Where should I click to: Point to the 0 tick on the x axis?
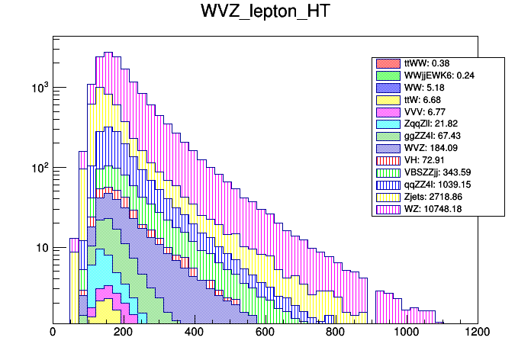coord(53,333)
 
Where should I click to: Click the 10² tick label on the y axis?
coord(37,168)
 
